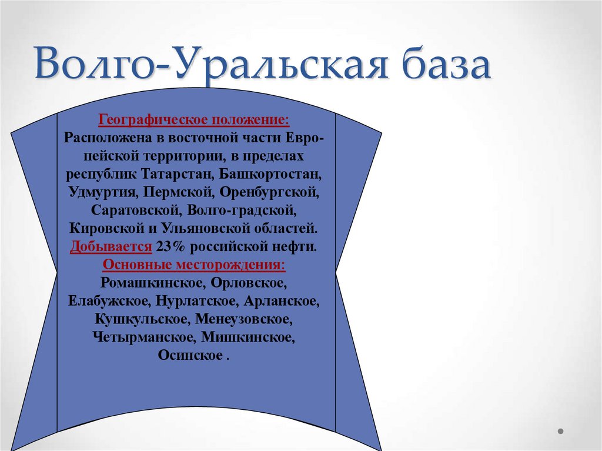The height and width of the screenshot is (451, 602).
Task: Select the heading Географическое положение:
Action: pyautogui.click(x=194, y=120)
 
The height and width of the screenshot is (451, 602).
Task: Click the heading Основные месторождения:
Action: pyautogui.click(x=194, y=265)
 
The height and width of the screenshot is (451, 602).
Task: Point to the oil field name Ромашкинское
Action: pyautogui.click(x=151, y=283)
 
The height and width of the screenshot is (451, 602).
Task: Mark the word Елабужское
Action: pyautogui.click(x=110, y=301)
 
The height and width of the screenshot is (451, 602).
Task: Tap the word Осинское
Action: pyautogui.click(x=190, y=356)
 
